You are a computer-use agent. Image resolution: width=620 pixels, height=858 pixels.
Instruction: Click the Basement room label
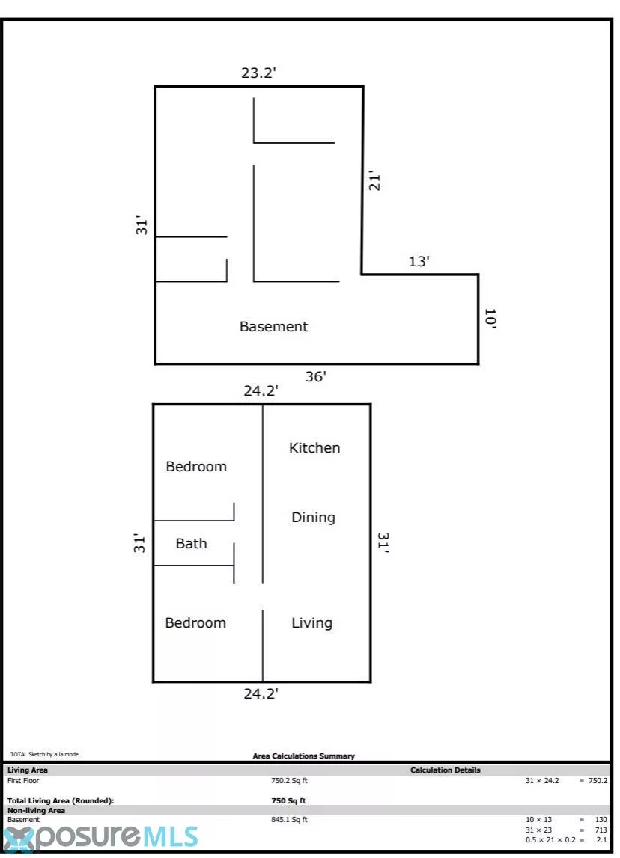coord(273,327)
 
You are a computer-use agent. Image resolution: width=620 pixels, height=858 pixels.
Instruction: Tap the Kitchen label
coord(314,447)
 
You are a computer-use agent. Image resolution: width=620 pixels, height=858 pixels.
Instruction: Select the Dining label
coord(313,518)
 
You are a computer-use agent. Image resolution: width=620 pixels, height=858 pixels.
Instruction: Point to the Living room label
coord(311,623)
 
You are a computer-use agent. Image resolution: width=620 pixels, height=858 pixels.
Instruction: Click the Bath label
coord(191,543)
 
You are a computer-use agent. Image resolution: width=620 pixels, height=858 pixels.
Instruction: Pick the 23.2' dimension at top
coord(258,73)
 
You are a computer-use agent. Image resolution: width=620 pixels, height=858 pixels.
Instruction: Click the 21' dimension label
coord(374,180)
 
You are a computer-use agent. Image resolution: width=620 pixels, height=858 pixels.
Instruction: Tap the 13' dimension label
coord(419,261)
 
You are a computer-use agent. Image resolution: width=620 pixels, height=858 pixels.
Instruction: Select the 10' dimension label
coord(490,319)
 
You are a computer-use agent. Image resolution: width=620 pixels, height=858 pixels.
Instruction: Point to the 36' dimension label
coord(315,376)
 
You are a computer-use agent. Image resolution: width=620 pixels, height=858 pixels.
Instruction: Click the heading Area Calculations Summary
coord(303,756)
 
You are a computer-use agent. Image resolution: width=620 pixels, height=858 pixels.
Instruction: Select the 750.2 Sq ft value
coord(289,781)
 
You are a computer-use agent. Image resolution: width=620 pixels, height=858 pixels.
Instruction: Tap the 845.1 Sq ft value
coord(289,820)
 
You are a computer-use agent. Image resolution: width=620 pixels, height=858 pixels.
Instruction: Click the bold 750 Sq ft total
coord(288,800)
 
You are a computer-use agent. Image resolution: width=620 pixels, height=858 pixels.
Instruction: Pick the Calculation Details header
coord(446,770)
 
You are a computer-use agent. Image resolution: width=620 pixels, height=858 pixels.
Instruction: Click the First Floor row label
coord(23,781)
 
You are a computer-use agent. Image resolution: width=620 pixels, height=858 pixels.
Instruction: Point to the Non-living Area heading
coord(36,810)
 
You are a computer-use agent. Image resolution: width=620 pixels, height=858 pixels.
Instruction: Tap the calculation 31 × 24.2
coord(542,781)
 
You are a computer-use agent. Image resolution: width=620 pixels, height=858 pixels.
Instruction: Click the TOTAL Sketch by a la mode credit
coord(44,754)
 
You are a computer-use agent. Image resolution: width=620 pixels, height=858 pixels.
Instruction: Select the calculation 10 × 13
coord(538,820)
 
